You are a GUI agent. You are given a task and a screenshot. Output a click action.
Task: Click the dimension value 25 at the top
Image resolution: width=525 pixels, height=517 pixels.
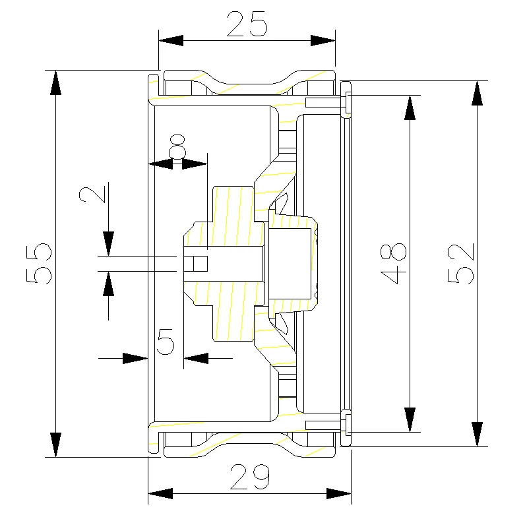tap(247, 24)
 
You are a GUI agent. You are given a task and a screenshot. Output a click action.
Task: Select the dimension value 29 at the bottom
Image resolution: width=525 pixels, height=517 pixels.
tap(250, 477)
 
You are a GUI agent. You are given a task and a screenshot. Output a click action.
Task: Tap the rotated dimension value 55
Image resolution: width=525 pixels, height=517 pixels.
tap(39, 264)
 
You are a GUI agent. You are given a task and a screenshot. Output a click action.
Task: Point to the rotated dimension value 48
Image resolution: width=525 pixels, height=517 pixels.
tap(393, 264)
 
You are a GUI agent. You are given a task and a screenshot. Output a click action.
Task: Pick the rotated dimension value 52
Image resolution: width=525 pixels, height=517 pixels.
tap(461, 264)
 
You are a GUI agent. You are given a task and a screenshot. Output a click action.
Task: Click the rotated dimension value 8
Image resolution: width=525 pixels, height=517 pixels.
tap(177, 146)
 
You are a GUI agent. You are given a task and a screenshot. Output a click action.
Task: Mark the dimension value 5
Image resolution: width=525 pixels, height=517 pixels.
tap(166, 341)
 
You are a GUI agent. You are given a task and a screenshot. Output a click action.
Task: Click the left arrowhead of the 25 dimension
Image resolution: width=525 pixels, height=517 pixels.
tap(171, 40)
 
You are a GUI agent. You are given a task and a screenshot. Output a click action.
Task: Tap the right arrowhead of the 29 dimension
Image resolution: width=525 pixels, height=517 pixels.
tap(339, 493)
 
